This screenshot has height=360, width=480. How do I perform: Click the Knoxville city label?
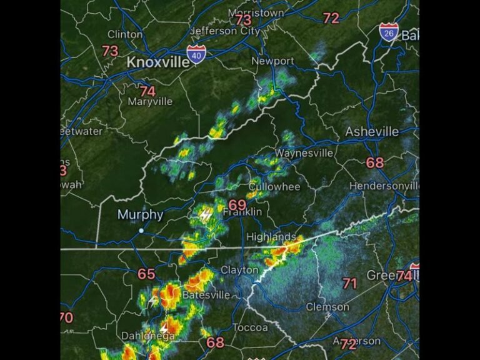click(x=158, y=62)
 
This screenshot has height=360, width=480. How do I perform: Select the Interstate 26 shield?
click(x=389, y=32)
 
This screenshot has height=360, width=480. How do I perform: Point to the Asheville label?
click(x=372, y=131)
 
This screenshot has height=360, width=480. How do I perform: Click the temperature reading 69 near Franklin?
click(x=237, y=205)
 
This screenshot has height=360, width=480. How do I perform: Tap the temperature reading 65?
click(x=146, y=274)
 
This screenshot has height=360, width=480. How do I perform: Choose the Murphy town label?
click(x=141, y=215)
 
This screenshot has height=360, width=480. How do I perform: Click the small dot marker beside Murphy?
click(x=141, y=231)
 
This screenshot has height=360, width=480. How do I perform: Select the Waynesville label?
click(x=304, y=153)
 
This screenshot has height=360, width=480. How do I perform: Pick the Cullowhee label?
click(x=274, y=187)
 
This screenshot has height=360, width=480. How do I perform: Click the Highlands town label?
click(x=271, y=237)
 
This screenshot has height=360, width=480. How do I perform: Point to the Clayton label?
click(x=239, y=270)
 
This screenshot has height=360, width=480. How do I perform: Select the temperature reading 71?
click(x=349, y=283)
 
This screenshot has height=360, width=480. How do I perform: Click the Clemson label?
click(x=327, y=307)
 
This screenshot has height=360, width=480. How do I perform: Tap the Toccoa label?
click(x=250, y=327)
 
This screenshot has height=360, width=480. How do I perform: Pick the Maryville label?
click(x=150, y=101)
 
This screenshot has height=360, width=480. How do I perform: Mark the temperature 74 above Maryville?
click(x=147, y=91)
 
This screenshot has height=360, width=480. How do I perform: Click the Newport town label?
click(x=272, y=61)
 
